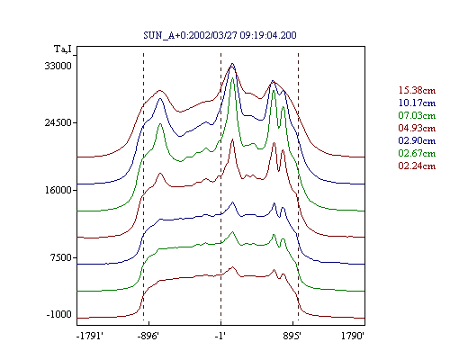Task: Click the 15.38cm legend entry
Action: [417, 90]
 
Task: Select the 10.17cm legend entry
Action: [417, 103]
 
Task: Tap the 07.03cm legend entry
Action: [417, 115]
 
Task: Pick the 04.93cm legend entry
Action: [417, 128]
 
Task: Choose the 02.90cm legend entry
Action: [417, 140]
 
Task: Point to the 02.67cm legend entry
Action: [417, 153]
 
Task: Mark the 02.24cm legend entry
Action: [417, 166]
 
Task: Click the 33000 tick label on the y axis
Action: [58, 66]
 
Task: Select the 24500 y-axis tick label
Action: [58, 122]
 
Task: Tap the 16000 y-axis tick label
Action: [58, 190]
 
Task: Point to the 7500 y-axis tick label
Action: [61, 257]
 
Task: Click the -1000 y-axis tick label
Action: [59, 314]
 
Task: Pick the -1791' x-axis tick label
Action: [90, 336]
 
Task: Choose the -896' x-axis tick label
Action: [148, 336]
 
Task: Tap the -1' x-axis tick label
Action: [220, 336]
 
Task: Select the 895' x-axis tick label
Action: [292, 336]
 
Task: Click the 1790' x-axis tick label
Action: [353, 336]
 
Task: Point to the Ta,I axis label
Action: [63, 49]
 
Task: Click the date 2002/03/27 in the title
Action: [213, 35]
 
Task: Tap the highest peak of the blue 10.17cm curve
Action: [232, 64]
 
